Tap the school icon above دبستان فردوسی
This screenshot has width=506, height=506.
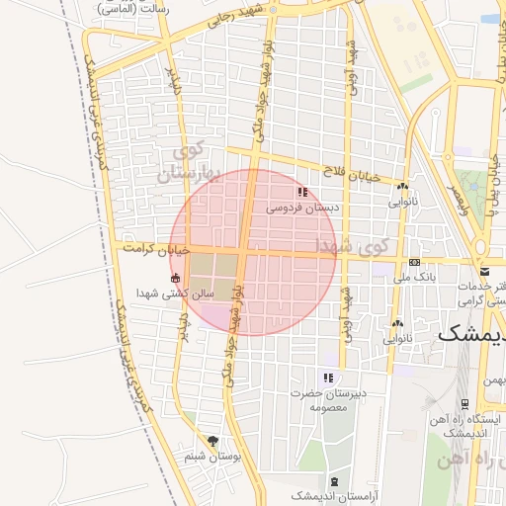point(301,193)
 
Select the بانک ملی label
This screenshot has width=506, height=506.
point(414,278)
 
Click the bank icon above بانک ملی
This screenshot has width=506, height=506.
point(414,262)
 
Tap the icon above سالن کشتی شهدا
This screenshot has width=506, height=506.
point(176,278)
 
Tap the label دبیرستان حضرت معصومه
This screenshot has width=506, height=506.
point(329,399)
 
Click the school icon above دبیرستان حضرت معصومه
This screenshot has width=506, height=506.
point(328,378)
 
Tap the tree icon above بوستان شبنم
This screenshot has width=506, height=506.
point(212,441)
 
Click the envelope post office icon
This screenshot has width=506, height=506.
point(484,271)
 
